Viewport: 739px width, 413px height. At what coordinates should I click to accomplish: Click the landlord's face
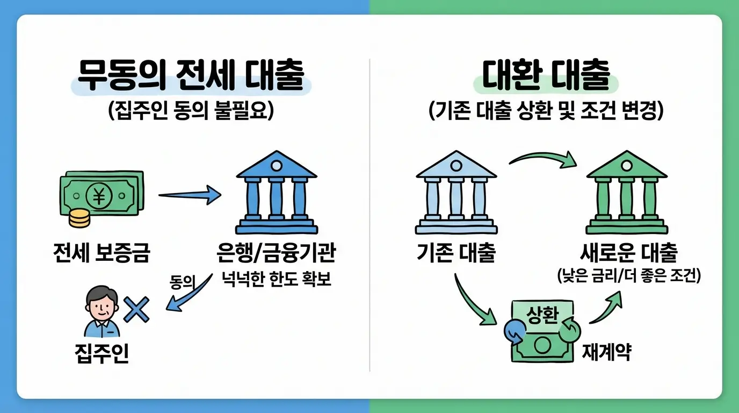click(x=102, y=307)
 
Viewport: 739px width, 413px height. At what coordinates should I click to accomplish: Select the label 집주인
click(x=102, y=355)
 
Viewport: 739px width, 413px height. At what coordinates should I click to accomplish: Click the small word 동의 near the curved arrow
click(x=181, y=283)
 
